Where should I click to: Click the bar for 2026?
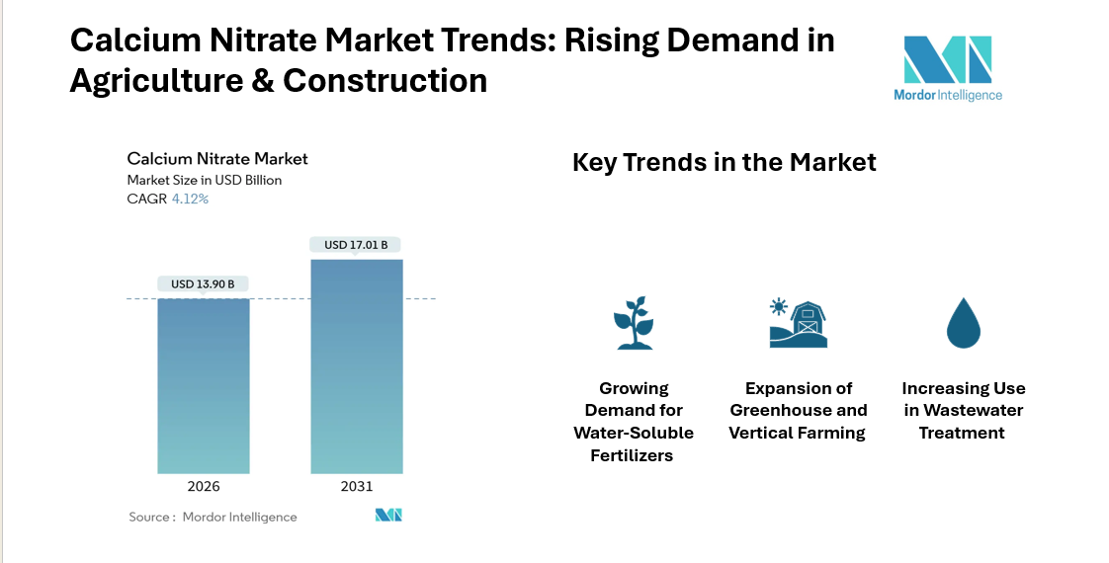pyautogui.click(x=204, y=385)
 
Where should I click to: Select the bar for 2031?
pyautogui.click(x=357, y=365)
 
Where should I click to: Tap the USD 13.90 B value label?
pyautogui.click(x=204, y=284)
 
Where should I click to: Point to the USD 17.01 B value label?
pyautogui.click(x=356, y=245)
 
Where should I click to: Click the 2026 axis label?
pyautogui.click(x=204, y=487)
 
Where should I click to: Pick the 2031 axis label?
pyautogui.click(x=357, y=487)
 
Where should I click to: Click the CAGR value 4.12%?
pyautogui.click(x=190, y=199)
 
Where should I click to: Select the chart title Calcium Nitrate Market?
pyautogui.click(x=217, y=159)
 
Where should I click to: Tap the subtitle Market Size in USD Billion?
pyautogui.click(x=205, y=180)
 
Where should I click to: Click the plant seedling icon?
pyautogui.click(x=634, y=323)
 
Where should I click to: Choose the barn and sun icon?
pyautogui.click(x=798, y=323)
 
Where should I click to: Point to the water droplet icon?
pyautogui.click(x=962, y=323)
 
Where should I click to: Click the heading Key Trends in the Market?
pyautogui.click(x=724, y=162)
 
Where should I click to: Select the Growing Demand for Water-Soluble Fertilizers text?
pyautogui.click(x=634, y=422)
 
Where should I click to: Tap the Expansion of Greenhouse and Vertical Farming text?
pyautogui.click(x=798, y=411)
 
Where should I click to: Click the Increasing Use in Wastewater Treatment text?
pyautogui.click(x=963, y=411)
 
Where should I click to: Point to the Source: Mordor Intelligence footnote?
pyautogui.click(x=213, y=517)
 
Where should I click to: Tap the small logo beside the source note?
pyautogui.click(x=388, y=516)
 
